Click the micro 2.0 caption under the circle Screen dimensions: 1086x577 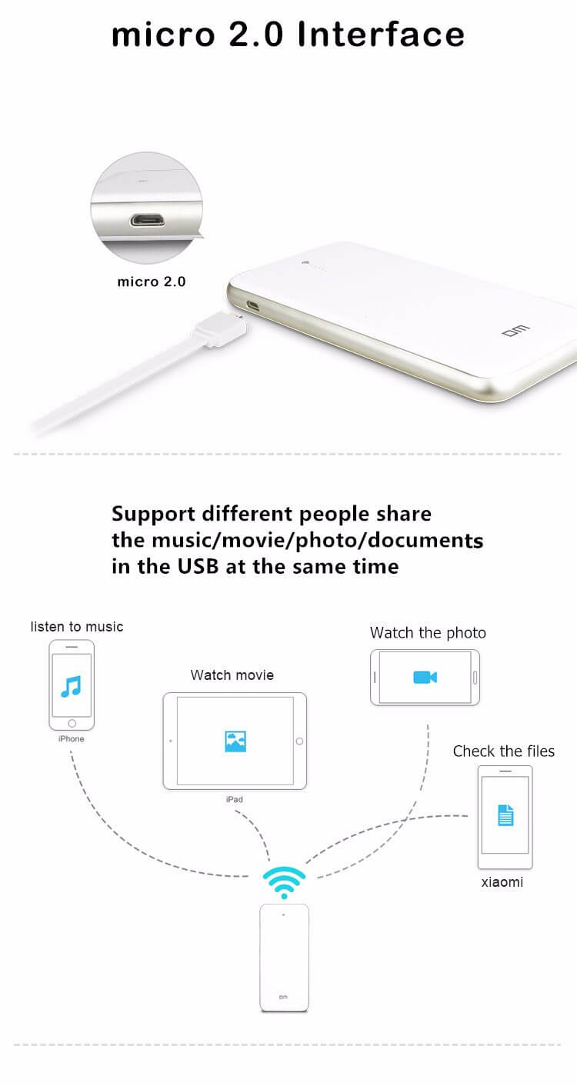[152, 281]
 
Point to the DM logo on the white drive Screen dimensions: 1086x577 [512, 333]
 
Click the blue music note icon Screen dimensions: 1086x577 [71, 685]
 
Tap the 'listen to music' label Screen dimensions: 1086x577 [77, 627]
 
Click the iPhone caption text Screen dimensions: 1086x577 [71, 739]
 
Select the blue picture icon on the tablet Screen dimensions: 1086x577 [235, 741]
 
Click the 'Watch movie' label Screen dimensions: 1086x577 [232, 675]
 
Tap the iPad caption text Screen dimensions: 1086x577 [235, 800]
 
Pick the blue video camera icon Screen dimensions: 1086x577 [425, 677]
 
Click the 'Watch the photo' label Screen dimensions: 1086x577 [428, 633]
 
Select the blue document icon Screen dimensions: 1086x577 [505, 815]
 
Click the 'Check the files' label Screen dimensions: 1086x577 [504, 751]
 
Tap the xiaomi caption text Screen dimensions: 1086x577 [502, 882]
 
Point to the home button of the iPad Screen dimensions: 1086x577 [299, 741]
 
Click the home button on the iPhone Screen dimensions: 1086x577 [72, 723]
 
